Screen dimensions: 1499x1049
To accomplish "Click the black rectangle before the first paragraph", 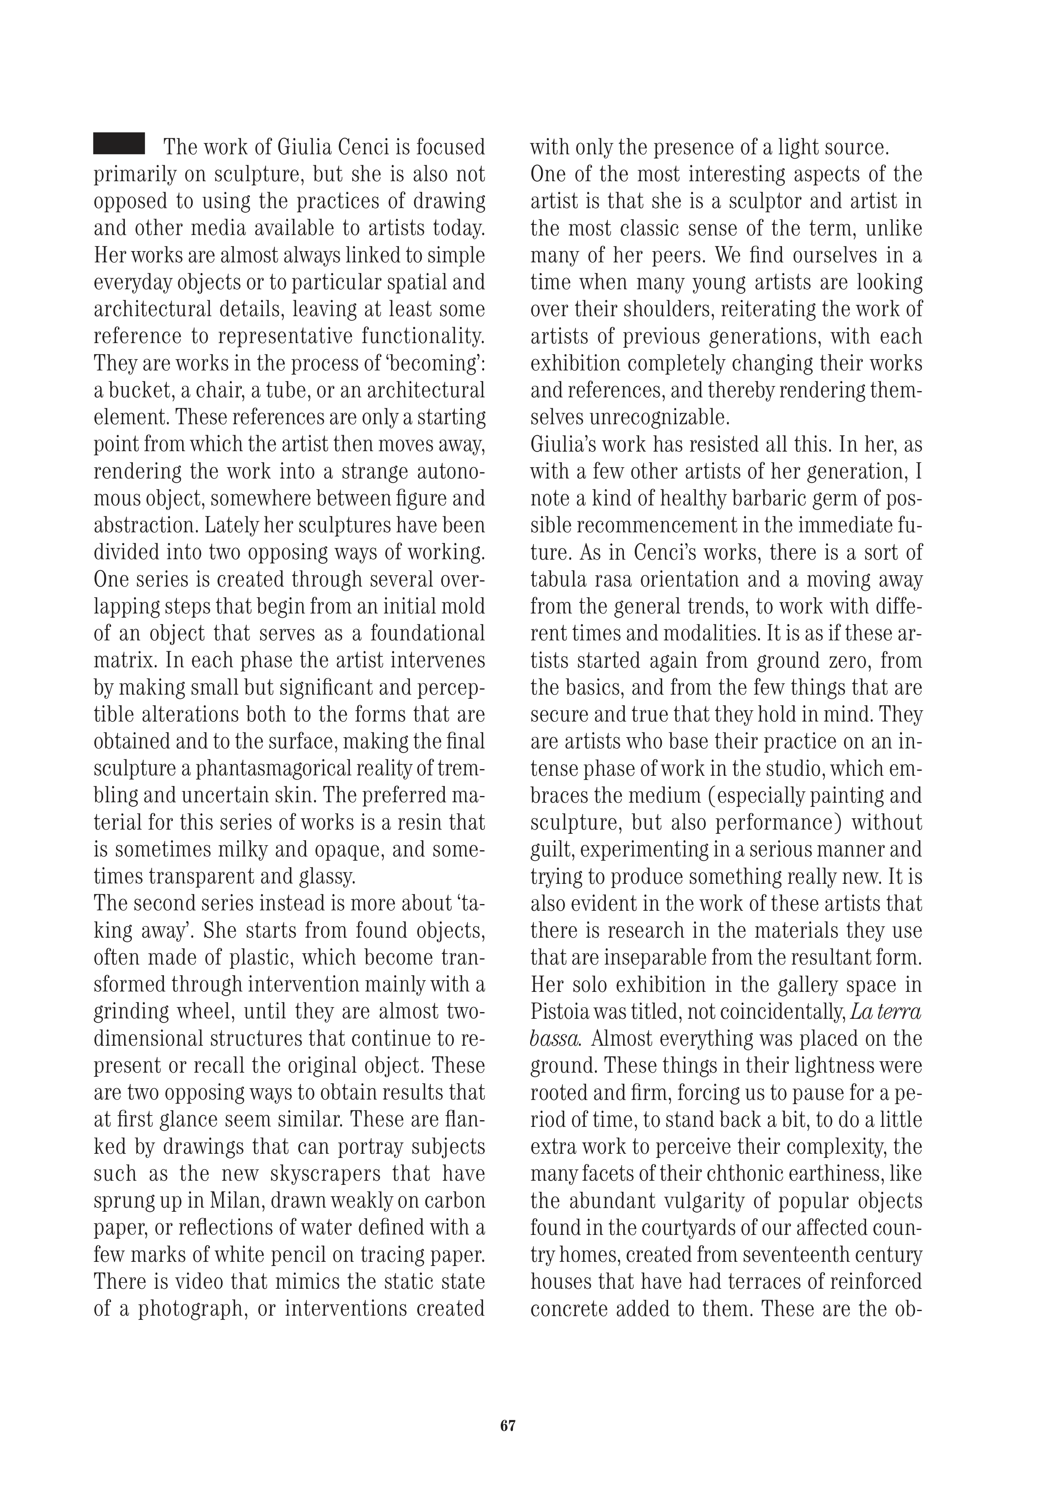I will point(119,144).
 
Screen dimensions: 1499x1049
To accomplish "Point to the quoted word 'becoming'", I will point(427,364).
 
